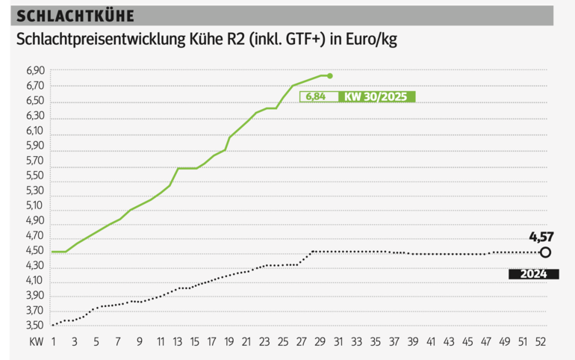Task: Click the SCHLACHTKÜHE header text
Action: (65, 16)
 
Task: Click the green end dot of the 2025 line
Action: (330, 75)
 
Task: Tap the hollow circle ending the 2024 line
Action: (545, 252)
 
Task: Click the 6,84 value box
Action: (317, 96)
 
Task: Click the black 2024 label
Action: (534, 274)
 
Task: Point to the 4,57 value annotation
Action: (543, 238)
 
